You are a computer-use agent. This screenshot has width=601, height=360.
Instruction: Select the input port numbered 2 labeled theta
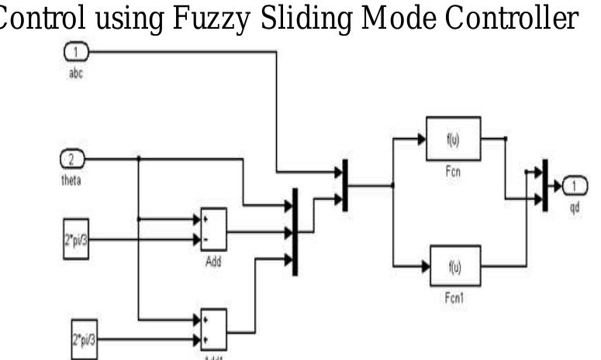(x=71, y=160)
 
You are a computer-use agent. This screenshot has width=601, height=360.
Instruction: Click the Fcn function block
(x=453, y=139)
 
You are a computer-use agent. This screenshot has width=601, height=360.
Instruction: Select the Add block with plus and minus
(x=213, y=229)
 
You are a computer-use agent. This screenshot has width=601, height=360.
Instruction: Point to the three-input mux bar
(x=295, y=231)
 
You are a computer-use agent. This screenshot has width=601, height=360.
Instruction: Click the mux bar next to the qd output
(x=545, y=185)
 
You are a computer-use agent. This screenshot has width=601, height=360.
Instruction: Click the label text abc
(x=75, y=68)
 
